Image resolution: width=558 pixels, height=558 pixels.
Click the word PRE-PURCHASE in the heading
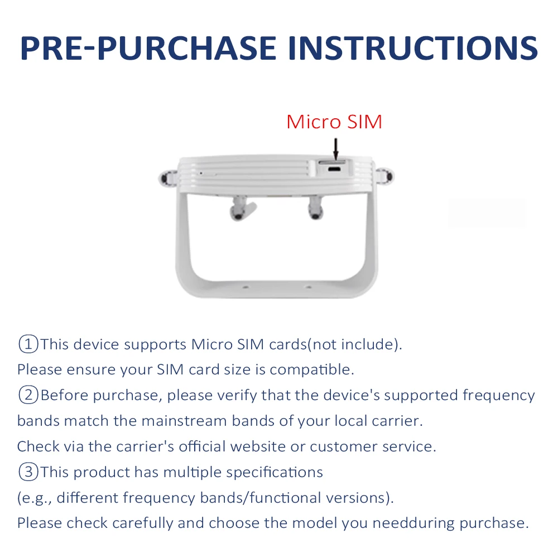pyautogui.click(x=148, y=48)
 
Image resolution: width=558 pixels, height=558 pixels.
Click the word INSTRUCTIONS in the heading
pyautogui.click(x=413, y=48)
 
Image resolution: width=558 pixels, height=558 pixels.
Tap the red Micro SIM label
pyautogui.click(x=334, y=122)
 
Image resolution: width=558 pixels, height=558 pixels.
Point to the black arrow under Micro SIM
pyautogui.click(x=335, y=149)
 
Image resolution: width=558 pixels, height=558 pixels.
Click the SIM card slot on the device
pyautogui.click(x=332, y=162)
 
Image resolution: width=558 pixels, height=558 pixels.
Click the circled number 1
pyautogui.click(x=28, y=344)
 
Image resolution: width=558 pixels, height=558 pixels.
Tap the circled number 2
pyautogui.click(x=28, y=395)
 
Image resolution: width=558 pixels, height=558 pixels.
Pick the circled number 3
pyautogui.click(x=28, y=472)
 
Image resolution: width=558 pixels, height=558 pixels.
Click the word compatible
pyautogui.click(x=312, y=370)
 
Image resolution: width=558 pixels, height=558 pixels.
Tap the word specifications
pyautogui.click(x=275, y=473)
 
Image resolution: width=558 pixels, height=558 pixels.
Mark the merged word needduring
pyautogui.click(x=413, y=523)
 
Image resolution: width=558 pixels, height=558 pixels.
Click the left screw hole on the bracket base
pyautogui.click(x=245, y=287)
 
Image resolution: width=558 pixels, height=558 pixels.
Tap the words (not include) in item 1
pyautogui.click(x=354, y=344)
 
